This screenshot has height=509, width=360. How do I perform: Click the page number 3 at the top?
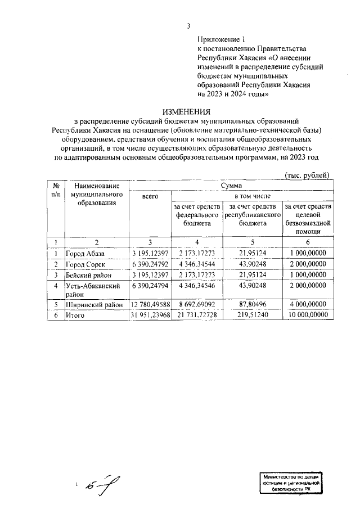(x=188, y=26)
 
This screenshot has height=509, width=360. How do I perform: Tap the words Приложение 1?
(x=222, y=39)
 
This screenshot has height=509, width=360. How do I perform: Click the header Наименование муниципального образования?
(x=96, y=193)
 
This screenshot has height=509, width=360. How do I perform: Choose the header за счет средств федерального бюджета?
(x=196, y=215)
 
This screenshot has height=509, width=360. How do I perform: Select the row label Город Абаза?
(x=85, y=253)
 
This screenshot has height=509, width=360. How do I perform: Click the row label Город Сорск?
(x=85, y=264)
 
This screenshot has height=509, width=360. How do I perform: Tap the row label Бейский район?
(x=88, y=276)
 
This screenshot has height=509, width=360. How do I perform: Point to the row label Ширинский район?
(x=93, y=305)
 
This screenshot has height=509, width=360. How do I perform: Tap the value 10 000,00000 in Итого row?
(x=307, y=316)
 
